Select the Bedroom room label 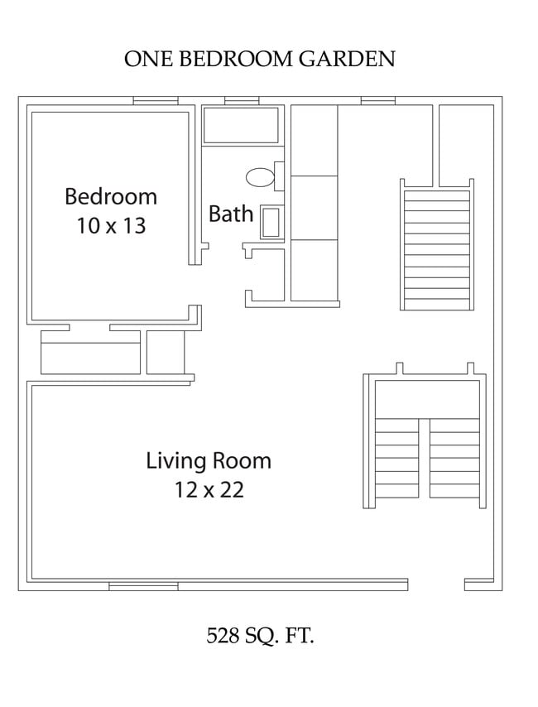pyautogui.click(x=111, y=197)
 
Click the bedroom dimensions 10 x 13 pyautogui.click(x=111, y=225)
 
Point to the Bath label pyautogui.click(x=231, y=214)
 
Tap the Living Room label pyautogui.click(x=209, y=460)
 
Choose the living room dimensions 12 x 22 pyautogui.click(x=209, y=490)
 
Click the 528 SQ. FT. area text pyautogui.click(x=260, y=636)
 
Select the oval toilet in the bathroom pyautogui.click(x=260, y=176)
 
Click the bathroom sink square pyautogui.click(x=271, y=223)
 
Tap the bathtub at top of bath pyautogui.click(x=242, y=125)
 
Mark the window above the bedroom pyautogui.click(x=156, y=101)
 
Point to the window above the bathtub pyautogui.click(x=242, y=101)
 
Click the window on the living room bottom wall pyautogui.click(x=143, y=586)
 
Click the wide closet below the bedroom pyautogui.click(x=91, y=353)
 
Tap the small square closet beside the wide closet pyautogui.click(x=166, y=353)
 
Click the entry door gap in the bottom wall pyautogui.click(x=436, y=584)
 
